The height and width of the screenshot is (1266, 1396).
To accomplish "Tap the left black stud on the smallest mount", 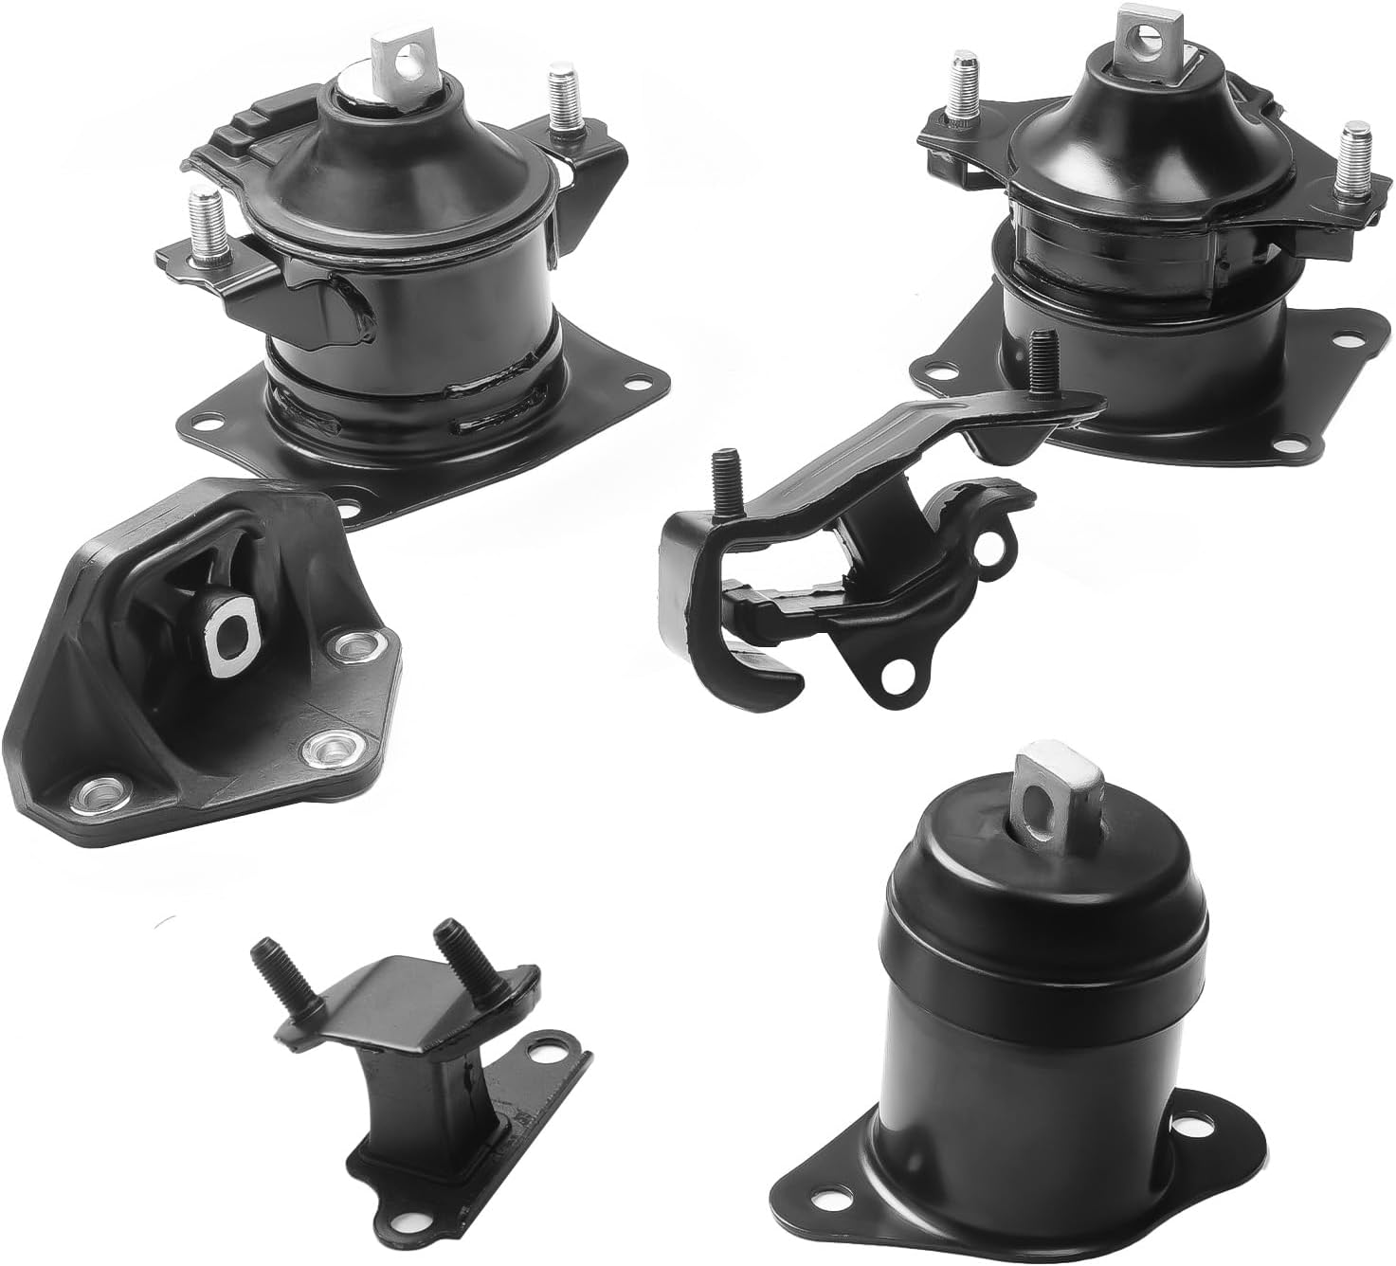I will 268,968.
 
